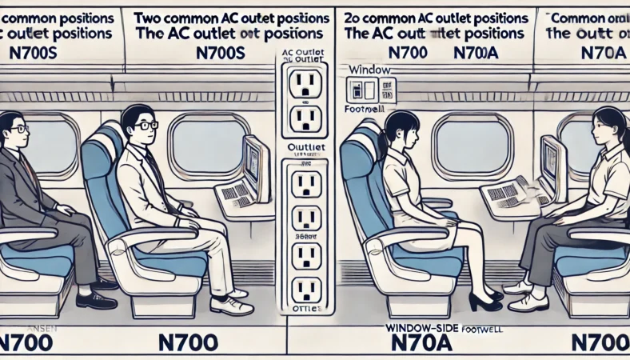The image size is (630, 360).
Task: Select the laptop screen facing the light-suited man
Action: pyautogui.click(x=254, y=164)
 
